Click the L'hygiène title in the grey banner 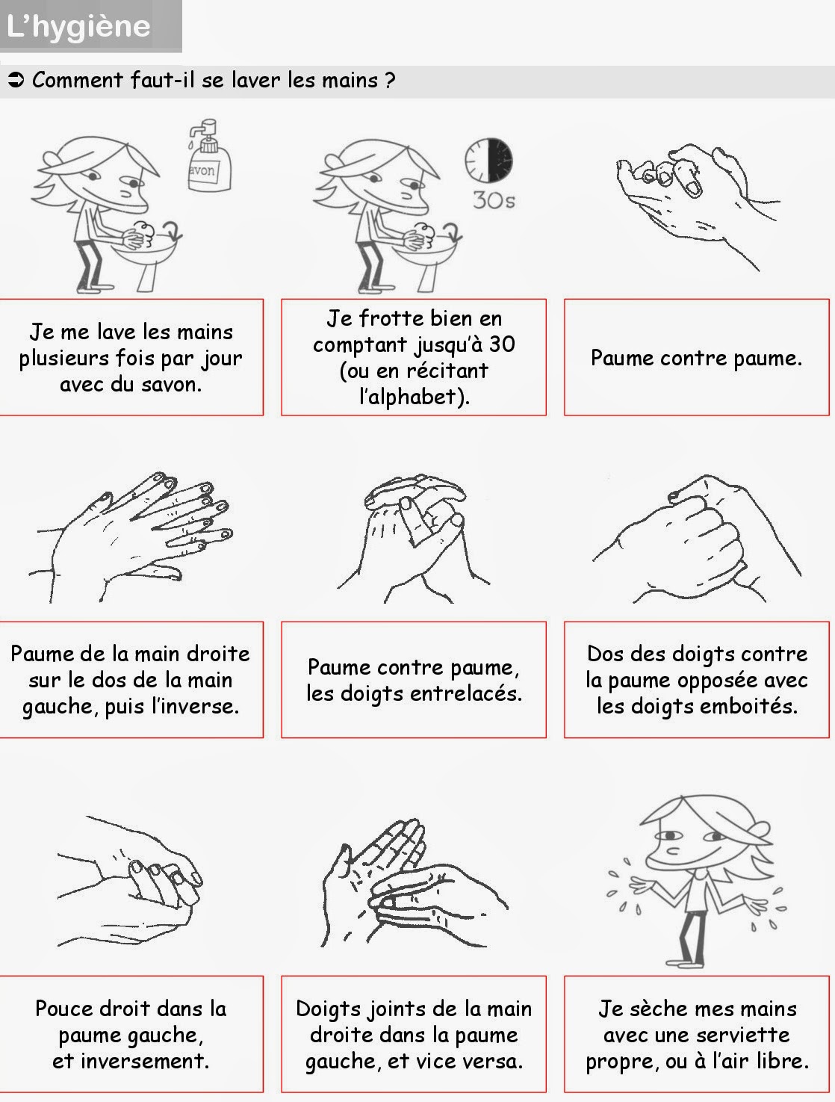78,26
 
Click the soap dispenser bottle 208,161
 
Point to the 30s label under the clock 493,200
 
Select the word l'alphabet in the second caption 414,397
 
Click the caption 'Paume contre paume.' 696,358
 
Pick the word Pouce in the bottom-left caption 64,1009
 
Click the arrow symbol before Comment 16,80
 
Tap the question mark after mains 390,80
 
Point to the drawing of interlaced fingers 413,534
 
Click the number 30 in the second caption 502,344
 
